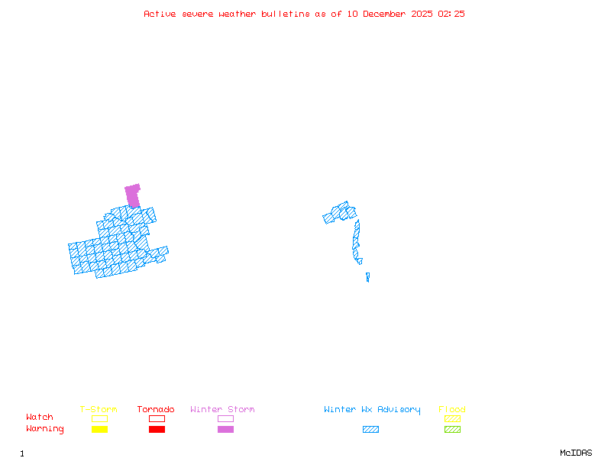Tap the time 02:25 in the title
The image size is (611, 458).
coord(451,14)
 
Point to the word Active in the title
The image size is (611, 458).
coord(158,14)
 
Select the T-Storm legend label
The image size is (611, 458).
coord(99,410)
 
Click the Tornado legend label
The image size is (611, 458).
coord(156,410)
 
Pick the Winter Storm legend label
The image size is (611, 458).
coord(222,410)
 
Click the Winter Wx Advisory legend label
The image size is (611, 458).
coord(372,410)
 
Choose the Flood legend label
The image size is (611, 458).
coord(452,410)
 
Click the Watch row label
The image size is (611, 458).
coord(40,418)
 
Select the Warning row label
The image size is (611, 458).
coord(45,429)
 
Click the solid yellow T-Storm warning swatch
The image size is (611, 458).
coord(99,429)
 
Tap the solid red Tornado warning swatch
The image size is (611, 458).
coord(157,429)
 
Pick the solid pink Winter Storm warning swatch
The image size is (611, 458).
coord(225,429)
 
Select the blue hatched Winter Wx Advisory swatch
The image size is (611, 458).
coord(370,429)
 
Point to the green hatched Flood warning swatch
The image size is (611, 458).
coord(452,429)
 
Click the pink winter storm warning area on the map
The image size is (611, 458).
coord(133,195)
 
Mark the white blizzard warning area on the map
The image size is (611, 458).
coord(366,261)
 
